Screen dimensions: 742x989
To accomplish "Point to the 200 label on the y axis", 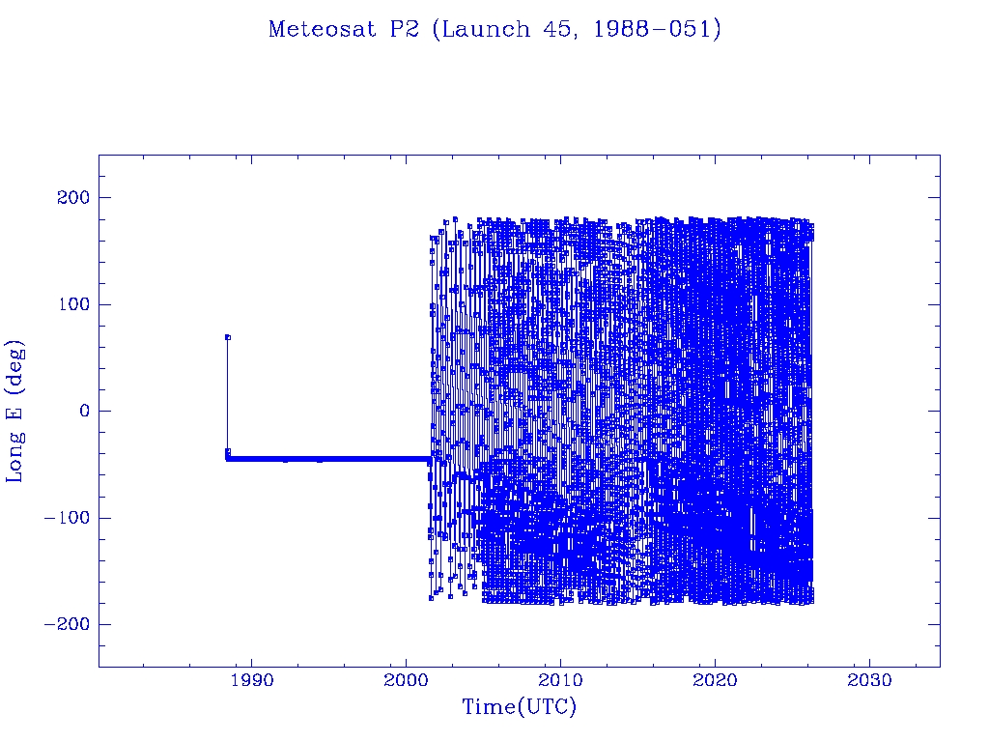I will pos(71,198).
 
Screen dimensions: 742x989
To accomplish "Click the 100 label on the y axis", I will pos(71,304).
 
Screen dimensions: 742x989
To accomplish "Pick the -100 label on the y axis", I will pos(66,518).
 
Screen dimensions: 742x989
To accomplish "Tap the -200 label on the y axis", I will pos(66,624).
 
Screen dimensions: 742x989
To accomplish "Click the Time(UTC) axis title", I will pos(520,707).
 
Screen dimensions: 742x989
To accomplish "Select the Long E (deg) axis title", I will pos(15,411).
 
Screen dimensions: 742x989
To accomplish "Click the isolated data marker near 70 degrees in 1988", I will pos(227,337).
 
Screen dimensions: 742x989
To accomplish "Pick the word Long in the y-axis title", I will pos(15,461).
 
